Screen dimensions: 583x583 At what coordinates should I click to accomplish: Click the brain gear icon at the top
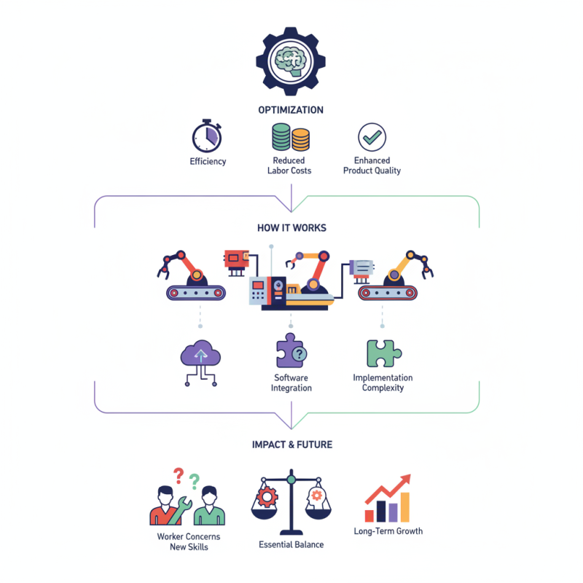[291, 62]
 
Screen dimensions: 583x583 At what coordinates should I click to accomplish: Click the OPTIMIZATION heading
[291, 110]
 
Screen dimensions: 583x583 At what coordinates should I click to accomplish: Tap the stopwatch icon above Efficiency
[207, 136]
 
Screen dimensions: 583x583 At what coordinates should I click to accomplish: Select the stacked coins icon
[291, 137]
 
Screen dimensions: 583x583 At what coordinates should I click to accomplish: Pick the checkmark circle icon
[372, 136]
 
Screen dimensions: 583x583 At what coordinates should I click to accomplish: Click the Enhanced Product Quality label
[372, 165]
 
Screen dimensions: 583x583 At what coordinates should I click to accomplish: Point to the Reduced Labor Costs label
[289, 165]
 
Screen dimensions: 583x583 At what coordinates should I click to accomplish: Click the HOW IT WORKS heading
[291, 227]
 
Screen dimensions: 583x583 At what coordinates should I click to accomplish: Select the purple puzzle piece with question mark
[291, 351]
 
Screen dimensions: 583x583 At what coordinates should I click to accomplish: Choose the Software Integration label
[291, 383]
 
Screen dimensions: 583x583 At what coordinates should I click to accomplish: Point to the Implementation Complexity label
[383, 383]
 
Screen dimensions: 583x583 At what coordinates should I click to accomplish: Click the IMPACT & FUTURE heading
[291, 445]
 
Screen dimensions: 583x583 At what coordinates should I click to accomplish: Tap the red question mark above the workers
[179, 476]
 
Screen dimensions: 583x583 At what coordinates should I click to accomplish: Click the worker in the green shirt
[209, 506]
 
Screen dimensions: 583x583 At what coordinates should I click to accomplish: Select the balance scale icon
[291, 503]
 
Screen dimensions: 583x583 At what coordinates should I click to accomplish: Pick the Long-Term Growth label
[388, 531]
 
